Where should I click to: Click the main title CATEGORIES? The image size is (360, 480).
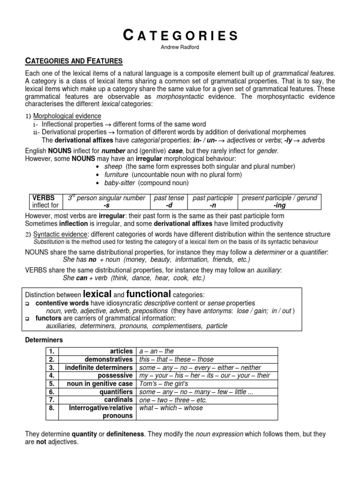[x=180, y=36]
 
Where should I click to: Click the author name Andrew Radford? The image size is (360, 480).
[x=180, y=48]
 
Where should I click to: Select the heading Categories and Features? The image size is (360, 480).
[x=74, y=61]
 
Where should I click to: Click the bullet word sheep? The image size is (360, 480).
[x=113, y=166]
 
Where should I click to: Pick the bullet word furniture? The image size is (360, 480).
[x=117, y=174]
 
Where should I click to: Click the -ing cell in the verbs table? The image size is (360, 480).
[x=279, y=205]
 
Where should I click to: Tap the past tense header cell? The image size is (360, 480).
[x=169, y=198]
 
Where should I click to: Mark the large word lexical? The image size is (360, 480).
[x=97, y=294]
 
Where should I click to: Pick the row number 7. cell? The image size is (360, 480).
[x=52, y=400]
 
